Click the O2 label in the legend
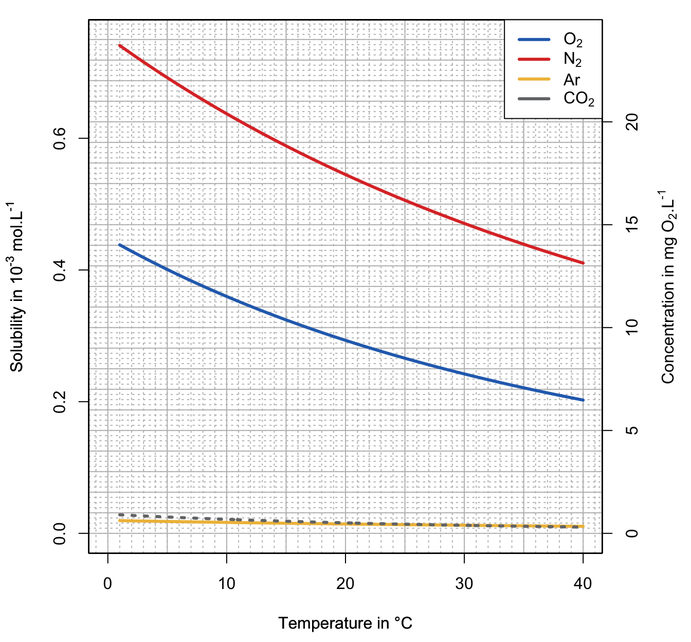(x=573, y=40)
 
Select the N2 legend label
(x=572, y=60)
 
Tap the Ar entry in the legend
(x=571, y=80)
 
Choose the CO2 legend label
(x=578, y=99)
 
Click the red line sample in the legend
(x=534, y=60)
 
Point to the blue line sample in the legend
(x=534, y=40)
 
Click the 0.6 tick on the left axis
(x=61, y=138)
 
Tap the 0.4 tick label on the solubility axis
(x=61, y=270)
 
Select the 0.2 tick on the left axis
(x=61, y=402)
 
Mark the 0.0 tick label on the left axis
(x=61, y=533)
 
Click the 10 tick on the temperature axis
(x=226, y=584)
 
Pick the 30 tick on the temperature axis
(x=464, y=584)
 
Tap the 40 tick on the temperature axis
(x=583, y=584)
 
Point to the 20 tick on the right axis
(x=632, y=122)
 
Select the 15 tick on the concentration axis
(x=632, y=225)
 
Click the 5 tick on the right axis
(x=632, y=431)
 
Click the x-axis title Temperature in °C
(x=345, y=623)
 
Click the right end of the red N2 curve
(x=583, y=263)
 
